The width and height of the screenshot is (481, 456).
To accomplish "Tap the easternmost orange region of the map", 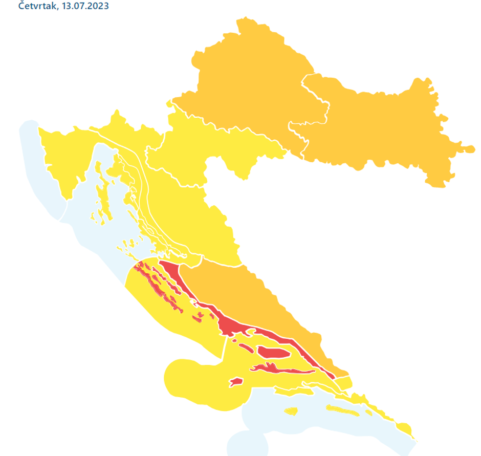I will [x=389, y=128].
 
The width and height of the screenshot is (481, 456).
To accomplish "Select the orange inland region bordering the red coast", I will [x=256, y=297].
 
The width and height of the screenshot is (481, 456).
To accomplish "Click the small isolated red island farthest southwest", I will [x=235, y=382].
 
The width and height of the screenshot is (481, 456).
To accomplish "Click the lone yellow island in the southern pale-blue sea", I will [x=291, y=411].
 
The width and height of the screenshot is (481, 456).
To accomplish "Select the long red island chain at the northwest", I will [x=159, y=287].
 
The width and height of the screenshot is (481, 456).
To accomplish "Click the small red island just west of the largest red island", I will [x=245, y=348].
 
